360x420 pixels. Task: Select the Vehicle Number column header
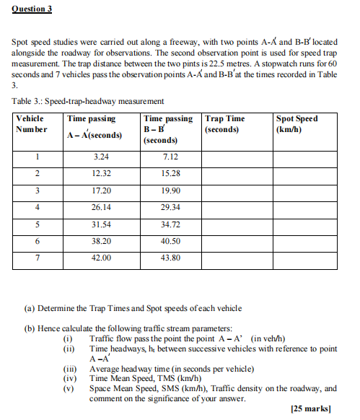point(30,123)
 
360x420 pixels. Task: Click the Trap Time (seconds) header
point(224,123)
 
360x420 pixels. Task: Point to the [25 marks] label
point(311,408)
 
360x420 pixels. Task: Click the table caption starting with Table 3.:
point(87,101)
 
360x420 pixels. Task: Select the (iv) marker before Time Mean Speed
point(71,377)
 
